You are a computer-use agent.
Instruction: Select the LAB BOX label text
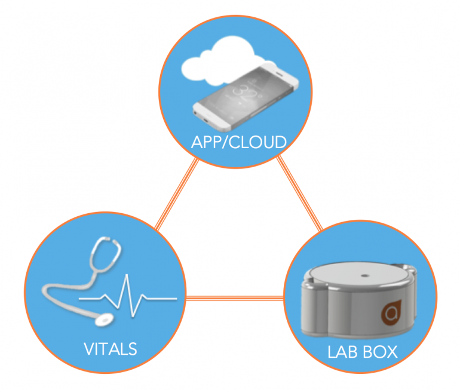click(x=362, y=351)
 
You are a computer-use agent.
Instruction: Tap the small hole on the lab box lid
click(x=363, y=276)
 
